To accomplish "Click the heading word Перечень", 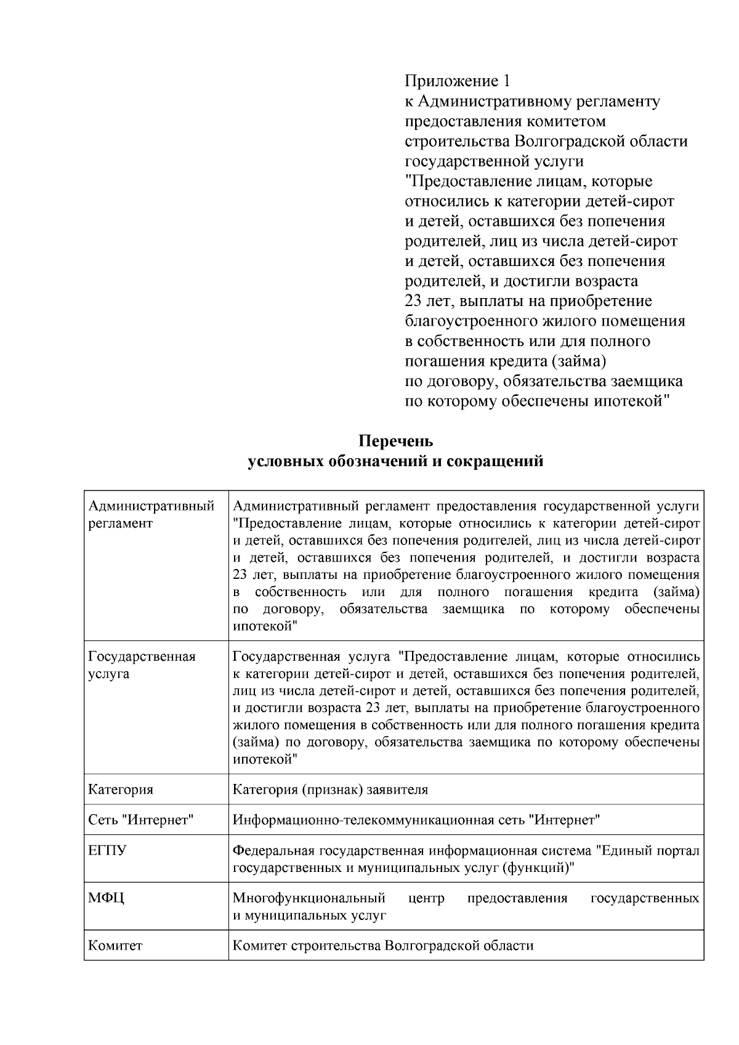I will [396, 441].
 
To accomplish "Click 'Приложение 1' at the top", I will [458, 81].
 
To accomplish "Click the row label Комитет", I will [115, 945].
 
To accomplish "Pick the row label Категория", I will [121, 789].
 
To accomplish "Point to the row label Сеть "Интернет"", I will [141, 820].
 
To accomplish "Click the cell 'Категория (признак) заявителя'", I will [330, 789].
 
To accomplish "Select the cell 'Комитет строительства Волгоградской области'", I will [383, 945].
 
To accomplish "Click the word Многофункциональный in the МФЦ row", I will [309, 898].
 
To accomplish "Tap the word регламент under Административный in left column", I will [120, 523].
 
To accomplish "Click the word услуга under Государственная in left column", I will [108, 674].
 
